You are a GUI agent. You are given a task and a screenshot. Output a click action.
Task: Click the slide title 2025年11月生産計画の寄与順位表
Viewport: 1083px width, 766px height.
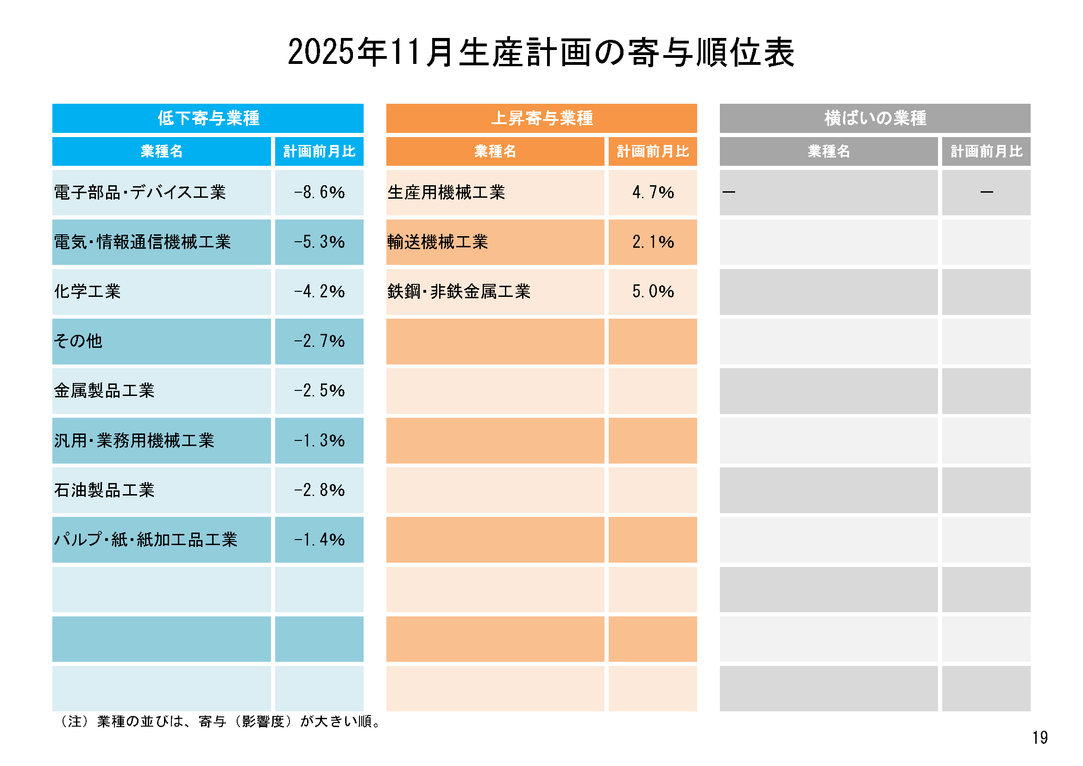[x=541, y=52]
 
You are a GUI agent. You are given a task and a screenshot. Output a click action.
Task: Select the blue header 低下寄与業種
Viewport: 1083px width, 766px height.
[x=208, y=118]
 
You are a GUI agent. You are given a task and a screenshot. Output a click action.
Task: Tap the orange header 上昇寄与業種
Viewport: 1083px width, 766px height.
[x=541, y=118]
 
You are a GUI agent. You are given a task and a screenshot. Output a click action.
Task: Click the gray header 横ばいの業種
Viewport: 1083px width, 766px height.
[x=875, y=118]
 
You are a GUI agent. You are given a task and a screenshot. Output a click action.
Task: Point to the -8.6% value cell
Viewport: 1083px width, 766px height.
[x=319, y=193]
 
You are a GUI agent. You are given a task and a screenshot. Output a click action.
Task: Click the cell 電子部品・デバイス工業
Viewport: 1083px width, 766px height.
[x=140, y=193]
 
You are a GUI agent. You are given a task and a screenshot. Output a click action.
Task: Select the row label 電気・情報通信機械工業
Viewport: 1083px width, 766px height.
[x=143, y=242]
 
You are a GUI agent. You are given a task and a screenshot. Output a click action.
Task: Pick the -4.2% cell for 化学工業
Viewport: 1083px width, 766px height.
[x=319, y=291]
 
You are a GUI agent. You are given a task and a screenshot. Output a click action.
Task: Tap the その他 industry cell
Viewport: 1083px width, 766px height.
[x=78, y=341]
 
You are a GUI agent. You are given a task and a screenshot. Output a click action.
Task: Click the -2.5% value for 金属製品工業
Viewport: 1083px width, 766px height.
[x=319, y=390]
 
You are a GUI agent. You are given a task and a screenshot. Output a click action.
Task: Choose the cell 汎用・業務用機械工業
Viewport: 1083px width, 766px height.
[x=134, y=440]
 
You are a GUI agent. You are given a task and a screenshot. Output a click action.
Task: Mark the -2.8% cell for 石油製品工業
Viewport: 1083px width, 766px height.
[x=319, y=490]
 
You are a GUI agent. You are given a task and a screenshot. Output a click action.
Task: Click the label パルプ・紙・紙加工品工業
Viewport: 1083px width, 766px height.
[x=146, y=540]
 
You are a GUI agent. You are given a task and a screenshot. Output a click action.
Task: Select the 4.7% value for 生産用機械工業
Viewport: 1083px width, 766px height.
[x=653, y=193]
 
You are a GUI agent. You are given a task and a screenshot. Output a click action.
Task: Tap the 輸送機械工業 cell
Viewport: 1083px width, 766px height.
[x=438, y=242]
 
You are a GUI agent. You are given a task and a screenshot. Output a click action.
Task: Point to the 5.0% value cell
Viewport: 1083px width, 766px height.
[x=653, y=291]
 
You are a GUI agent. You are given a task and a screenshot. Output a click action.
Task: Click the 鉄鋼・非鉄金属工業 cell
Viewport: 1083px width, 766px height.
[x=459, y=291]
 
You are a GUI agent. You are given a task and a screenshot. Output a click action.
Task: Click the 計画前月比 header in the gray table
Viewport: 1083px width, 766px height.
[x=986, y=151]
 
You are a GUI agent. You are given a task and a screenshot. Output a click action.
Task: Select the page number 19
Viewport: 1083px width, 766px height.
[x=1039, y=738]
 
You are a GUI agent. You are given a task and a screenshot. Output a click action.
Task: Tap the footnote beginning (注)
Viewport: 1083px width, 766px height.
[x=220, y=722]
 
